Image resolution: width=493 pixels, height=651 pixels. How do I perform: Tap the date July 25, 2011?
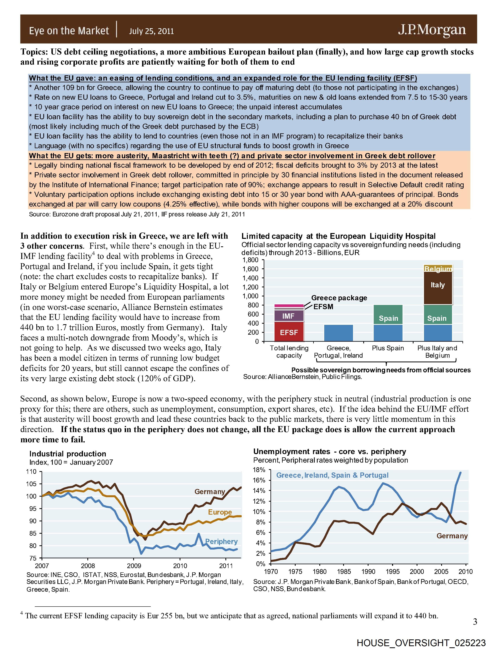click(151, 31)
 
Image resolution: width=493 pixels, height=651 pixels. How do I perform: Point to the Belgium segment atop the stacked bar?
click(438, 268)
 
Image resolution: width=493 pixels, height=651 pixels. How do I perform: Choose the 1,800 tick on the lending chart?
click(250, 260)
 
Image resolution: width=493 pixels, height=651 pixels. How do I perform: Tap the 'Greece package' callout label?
click(339, 298)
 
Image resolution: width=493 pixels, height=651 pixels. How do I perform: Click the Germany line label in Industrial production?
click(210, 492)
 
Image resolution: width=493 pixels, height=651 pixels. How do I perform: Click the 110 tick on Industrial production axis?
click(31, 471)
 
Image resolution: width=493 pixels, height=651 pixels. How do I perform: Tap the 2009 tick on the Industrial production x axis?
click(134, 566)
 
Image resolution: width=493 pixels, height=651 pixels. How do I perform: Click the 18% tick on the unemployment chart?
click(259, 470)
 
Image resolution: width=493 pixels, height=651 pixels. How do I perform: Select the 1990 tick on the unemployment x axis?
click(368, 572)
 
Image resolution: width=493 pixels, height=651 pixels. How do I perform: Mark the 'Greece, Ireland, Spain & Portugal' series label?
click(332, 475)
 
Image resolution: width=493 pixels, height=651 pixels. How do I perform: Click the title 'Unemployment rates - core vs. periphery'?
click(330, 451)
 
